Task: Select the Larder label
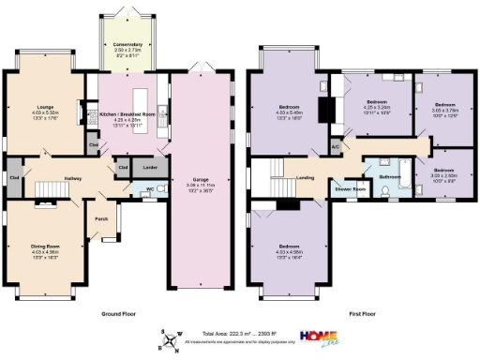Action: pos(149,167)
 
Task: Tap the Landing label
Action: pos(305,175)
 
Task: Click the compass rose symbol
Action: pos(170,338)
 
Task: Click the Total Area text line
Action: pos(240,334)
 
